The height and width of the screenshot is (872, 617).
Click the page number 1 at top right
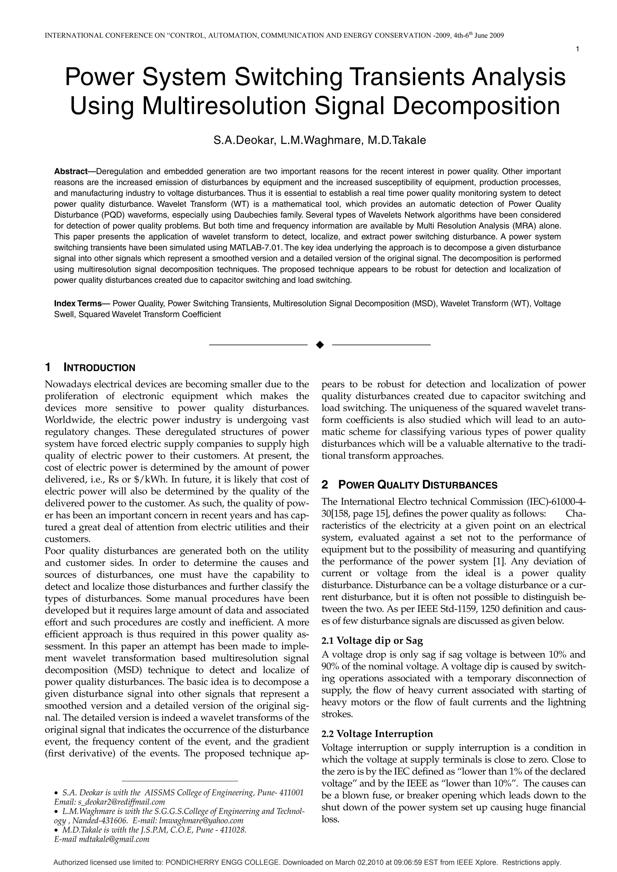(x=578, y=49)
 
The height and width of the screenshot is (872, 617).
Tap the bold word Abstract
(x=71, y=171)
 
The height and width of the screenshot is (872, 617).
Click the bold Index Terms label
(x=78, y=303)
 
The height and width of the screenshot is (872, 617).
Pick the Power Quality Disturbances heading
(x=418, y=485)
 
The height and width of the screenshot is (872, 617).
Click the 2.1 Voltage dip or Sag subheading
(x=372, y=641)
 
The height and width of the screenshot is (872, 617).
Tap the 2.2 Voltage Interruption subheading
(x=377, y=734)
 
